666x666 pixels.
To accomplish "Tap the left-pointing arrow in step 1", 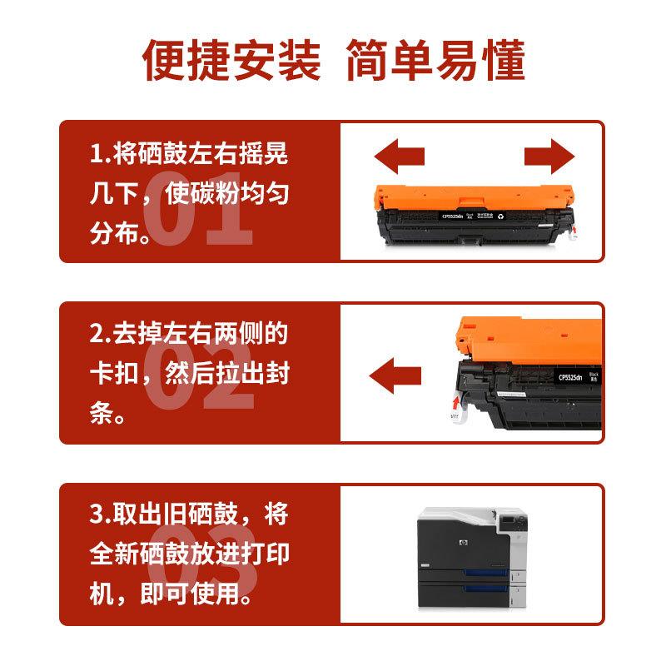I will coord(399,156).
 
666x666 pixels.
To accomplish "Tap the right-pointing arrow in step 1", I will coord(550,156).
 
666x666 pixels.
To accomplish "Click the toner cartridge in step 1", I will coord(473,210).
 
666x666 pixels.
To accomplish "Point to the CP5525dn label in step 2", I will coord(569,377).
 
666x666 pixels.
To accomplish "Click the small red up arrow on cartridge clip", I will coord(455,405).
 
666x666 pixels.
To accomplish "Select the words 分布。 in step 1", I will coord(122,235).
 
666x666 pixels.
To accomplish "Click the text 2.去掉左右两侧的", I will coord(189,334).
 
